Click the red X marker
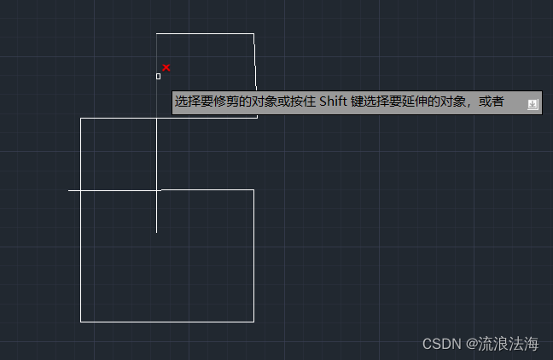pyautogui.click(x=166, y=67)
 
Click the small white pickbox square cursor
pyautogui.click(x=158, y=76)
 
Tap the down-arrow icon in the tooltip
pyautogui.click(x=533, y=104)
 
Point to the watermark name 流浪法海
pyautogui.click(x=509, y=344)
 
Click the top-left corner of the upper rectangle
pyautogui.click(x=156, y=34)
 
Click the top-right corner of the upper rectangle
pyautogui.click(x=253, y=34)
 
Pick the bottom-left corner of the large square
pyautogui.click(x=81, y=322)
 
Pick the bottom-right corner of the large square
pyautogui.click(x=253, y=322)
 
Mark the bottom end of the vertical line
pyautogui.click(x=156, y=231)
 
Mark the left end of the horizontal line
pyautogui.click(x=69, y=190)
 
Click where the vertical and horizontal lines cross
pyautogui.click(x=156, y=190)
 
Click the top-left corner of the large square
pyautogui.click(x=81, y=119)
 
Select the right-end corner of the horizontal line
pyautogui.click(x=253, y=190)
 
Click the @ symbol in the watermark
pyautogui.click(x=470, y=344)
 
